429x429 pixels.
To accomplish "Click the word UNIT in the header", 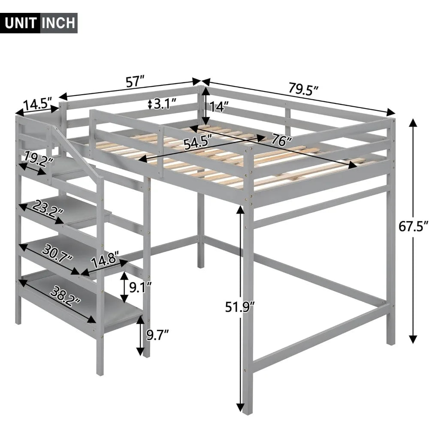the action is click(x=21, y=23).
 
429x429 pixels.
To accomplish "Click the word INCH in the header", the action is click(x=58, y=23).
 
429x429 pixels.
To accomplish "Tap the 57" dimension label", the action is click(x=135, y=82).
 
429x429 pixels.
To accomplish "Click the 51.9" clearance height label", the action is click(x=240, y=306).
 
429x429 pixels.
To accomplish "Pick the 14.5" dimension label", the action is click(x=37, y=105).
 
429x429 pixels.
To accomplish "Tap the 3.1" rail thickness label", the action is click(x=165, y=104).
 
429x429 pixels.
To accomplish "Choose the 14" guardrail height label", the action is click(x=219, y=106).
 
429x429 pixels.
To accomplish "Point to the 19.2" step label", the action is click(x=38, y=158).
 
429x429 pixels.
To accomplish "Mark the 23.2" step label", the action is click(x=48, y=208).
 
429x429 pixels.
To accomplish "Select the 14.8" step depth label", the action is click(x=105, y=259).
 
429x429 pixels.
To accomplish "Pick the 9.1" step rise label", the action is click(x=140, y=288).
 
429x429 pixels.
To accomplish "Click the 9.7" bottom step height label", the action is click(x=157, y=335).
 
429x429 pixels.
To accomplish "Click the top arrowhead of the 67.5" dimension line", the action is click(x=413, y=124).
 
